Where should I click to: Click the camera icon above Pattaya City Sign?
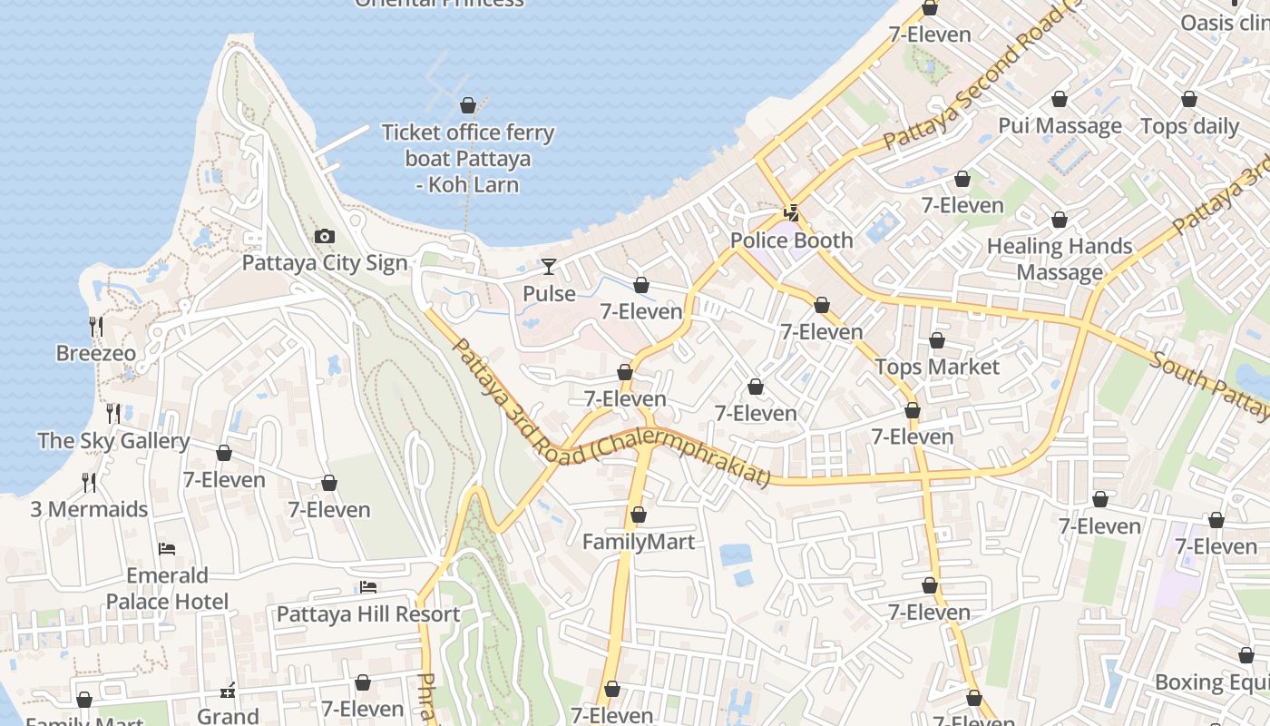[x=324, y=237]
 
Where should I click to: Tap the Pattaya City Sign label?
[x=324, y=263]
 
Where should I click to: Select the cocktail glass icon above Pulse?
[x=549, y=267]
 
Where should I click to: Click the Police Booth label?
[x=792, y=240]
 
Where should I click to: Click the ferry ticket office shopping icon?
[x=468, y=106]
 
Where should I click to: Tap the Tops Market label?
[x=937, y=367]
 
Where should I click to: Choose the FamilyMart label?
[x=639, y=542]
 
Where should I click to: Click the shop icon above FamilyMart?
[x=639, y=515]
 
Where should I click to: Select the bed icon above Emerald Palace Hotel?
[x=167, y=549]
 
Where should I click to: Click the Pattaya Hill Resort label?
[x=368, y=614]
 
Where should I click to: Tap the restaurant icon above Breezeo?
[x=95, y=326]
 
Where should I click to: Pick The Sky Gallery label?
[x=113, y=441]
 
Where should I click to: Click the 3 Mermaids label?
[x=89, y=509]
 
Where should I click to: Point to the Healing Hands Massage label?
[x=1060, y=259]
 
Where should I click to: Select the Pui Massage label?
[x=1060, y=125]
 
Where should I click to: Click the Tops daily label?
[x=1189, y=126]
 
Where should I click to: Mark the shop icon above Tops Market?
[x=937, y=340]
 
